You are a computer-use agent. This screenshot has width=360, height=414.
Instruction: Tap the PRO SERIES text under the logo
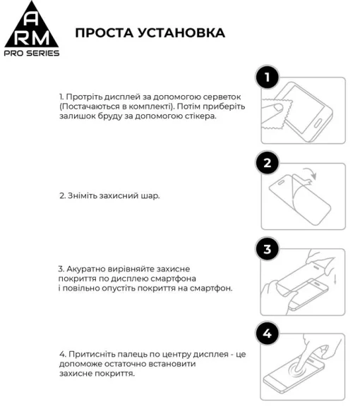[x=31, y=54]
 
